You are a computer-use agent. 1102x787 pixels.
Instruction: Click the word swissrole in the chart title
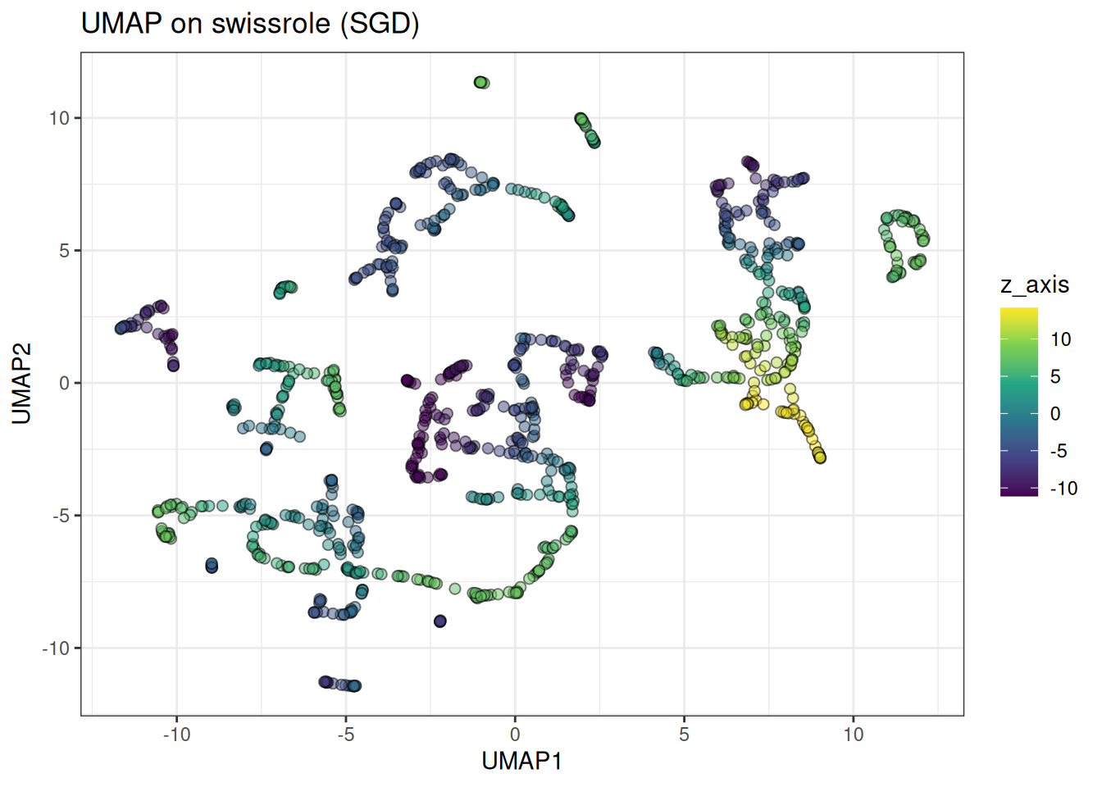(271, 23)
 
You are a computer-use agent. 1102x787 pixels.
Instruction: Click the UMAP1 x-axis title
(521, 761)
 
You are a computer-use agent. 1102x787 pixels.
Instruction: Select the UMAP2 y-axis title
(21, 384)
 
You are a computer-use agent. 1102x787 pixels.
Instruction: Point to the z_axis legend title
(1035, 284)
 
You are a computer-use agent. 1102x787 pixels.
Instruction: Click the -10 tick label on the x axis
(176, 735)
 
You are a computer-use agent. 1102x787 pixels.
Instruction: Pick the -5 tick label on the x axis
(346, 735)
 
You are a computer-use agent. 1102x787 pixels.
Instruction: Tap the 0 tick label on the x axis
(515, 735)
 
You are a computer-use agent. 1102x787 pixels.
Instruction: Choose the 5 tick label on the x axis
(684, 735)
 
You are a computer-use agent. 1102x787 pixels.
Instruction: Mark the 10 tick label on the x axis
(854, 735)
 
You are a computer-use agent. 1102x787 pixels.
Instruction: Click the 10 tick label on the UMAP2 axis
(59, 118)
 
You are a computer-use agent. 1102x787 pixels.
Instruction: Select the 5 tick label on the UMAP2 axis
(64, 251)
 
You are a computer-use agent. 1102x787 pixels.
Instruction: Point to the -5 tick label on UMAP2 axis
(61, 516)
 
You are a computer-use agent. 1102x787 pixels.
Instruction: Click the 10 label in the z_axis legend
(1061, 339)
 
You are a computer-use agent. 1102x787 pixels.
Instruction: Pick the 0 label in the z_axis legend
(1056, 414)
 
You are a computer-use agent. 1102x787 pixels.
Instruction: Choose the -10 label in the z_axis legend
(1063, 489)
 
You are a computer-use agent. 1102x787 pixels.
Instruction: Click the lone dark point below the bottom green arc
(440, 621)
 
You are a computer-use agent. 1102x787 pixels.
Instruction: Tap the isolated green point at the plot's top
(481, 82)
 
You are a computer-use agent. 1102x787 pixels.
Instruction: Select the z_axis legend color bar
(1019, 402)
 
